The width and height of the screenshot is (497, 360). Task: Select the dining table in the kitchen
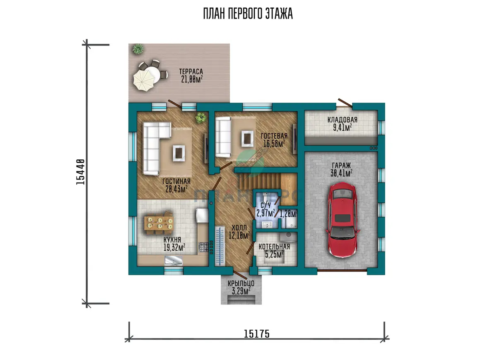coord(159,223)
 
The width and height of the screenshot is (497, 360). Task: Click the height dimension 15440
coord(80,172)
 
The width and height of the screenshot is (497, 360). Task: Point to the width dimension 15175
coord(257,334)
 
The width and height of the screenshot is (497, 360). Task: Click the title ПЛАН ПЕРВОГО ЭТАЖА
coord(248,14)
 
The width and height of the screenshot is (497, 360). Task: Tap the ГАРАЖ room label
coord(341,166)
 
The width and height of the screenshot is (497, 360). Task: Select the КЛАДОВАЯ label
coord(343,120)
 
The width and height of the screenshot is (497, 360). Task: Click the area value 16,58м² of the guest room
coord(274,144)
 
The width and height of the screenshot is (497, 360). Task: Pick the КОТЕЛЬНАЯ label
coord(274,247)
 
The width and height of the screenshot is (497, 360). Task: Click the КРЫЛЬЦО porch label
coord(241,283)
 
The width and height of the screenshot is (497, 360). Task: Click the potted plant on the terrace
coord(138,49)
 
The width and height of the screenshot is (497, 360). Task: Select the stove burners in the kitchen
coord(203,247)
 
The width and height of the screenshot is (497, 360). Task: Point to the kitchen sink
coord(174,261)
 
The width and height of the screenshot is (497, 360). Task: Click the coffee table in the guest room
coord(247,139)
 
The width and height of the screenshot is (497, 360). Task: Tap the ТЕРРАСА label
coord(191,72)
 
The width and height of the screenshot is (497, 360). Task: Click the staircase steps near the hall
coord(260,181)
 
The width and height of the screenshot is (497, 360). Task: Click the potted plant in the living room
coord(201,117)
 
